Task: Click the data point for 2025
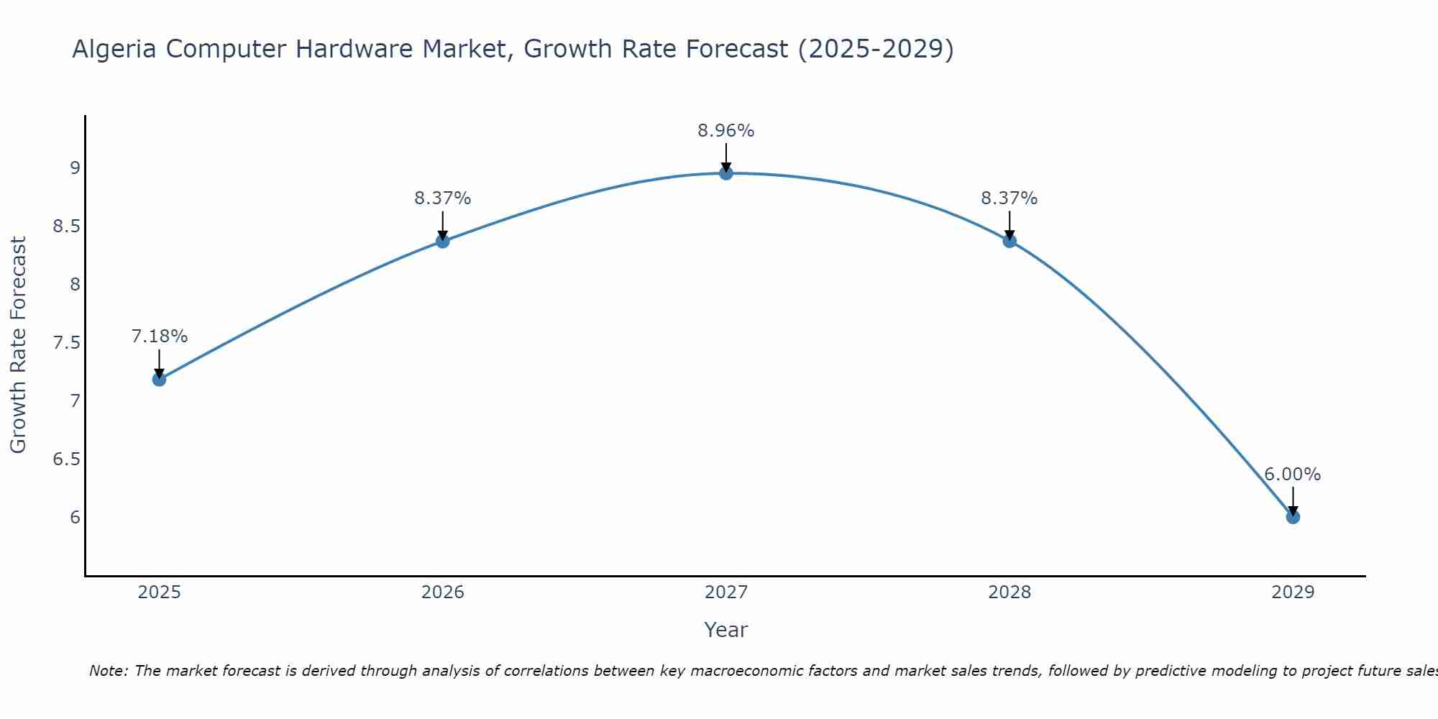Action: click(159, 379)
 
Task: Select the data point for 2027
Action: click(726, 173)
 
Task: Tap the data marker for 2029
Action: click(1293, 517)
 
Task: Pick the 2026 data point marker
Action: click(443, 241)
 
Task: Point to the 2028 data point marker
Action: click(1009, 241)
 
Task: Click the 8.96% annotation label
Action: click(726, 131)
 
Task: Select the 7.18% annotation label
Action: click(160, 336)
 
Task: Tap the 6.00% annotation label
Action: click(1293, 475)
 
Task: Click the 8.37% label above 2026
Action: click(443, 198)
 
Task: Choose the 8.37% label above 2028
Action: click(1009, 198)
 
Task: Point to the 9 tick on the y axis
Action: click(75, 168)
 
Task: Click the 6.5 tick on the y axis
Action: click(66, 459)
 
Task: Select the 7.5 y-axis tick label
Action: click(66, 342)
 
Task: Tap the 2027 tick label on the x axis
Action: click(726, 592)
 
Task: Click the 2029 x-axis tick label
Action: click(1293, 592)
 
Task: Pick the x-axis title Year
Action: click(726, 630)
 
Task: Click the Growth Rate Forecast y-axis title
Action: click(18, 345)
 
